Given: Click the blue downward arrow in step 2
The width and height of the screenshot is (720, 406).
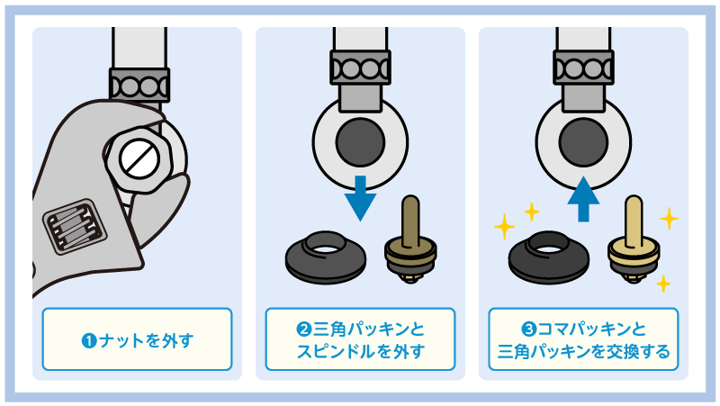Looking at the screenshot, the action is tap(361, 197).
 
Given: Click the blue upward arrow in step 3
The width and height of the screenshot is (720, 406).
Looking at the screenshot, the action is tap(583, 198).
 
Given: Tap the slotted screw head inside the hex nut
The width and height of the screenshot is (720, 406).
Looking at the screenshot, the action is tap(139, 159).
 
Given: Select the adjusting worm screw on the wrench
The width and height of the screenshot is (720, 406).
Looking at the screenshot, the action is tap(75, 227).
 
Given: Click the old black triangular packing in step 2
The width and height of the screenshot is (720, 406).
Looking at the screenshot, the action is tap(326, 258).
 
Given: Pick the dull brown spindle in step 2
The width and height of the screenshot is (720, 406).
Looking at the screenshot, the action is tap(410, 239).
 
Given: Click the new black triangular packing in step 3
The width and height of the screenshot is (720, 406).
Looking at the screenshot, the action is tap(549, 258).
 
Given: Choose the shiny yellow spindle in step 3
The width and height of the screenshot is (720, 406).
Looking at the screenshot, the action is tap(634, 239).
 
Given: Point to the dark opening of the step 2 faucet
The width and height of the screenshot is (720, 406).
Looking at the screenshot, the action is tap(361, 142).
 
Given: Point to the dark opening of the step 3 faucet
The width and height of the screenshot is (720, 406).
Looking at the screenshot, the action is tap(583, 142).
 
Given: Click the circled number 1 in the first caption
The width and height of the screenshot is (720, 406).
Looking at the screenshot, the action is tap(89, 341).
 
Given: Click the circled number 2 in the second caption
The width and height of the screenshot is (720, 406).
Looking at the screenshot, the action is tap(304, 329).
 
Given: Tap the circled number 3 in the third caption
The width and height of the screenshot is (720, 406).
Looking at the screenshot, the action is tap(529, 329).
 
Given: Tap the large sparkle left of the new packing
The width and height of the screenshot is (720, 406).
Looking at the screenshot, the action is tap(504, 227).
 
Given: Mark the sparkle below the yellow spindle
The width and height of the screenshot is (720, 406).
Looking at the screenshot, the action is tap(663, 284).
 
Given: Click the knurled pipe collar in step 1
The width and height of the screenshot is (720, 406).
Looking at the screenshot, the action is tap(139, 86).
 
